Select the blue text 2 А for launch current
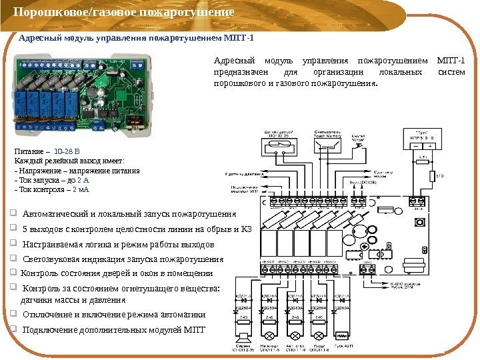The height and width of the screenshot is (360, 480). click(83, 180)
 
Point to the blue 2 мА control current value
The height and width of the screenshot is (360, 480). click(80, 189)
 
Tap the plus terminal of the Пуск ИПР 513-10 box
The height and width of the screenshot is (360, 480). click(430, 146)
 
